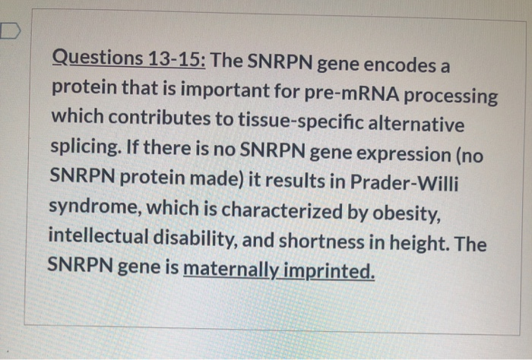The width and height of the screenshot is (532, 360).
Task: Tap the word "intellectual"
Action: (x=97, y=238)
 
